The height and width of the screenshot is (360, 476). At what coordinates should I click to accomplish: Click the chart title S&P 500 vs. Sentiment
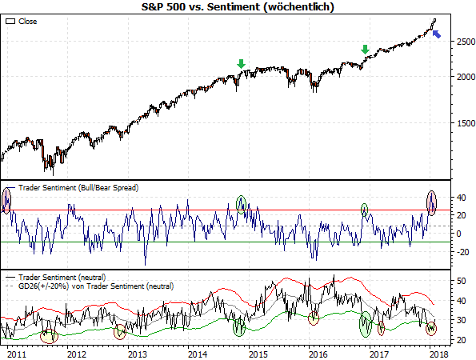(x=237, y=6)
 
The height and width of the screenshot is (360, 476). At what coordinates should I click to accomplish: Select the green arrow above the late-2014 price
(x=242, y=64)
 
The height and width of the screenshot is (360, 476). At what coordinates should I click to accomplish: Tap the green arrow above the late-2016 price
(x=366, y=50)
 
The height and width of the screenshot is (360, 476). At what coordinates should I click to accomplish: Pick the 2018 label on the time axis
(x=437, y=353)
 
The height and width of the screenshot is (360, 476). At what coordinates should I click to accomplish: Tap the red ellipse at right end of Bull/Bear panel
(x=432, y=202)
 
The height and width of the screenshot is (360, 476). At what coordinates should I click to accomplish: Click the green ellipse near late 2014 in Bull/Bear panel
(x=242, y=204)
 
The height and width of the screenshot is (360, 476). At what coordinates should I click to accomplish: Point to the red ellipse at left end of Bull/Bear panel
(x=7, y=200)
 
